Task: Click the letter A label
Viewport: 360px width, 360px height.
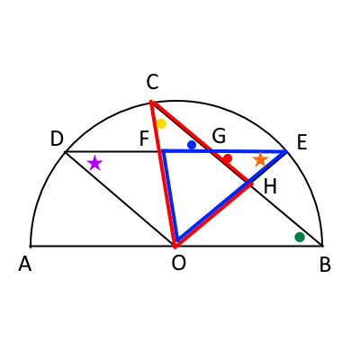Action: [x=24, y=265]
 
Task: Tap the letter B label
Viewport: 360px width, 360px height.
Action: [x=325, y=265]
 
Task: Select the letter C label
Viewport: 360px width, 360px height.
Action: [x=152, y=82]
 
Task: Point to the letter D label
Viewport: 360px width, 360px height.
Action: [x=57, y=139]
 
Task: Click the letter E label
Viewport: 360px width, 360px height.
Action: [x=301, y=142]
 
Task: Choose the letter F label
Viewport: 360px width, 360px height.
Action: [x=144, y=139]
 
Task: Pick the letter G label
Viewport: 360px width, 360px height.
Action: [x=219, y=136]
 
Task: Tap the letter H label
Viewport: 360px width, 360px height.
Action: [x=270, y=187]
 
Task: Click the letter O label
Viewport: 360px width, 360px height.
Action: [x=179, y=263]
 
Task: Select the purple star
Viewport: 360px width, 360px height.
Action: [x=94, y=163]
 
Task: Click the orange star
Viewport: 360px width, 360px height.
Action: [x=260, y=159]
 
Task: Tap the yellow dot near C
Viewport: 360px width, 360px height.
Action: [x=161, y=123]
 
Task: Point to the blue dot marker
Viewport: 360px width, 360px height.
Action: [x=192, y=145]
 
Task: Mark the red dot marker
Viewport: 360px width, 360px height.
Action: [x=228, y=158]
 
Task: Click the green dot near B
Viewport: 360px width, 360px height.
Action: [x=300, y=237]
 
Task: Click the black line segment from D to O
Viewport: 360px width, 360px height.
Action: [x=120, y=200]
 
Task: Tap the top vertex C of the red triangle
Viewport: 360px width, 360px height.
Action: [x=151, y=102]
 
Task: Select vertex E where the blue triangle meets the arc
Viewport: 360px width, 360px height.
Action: [x=287, y=151]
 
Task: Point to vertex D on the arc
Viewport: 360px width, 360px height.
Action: [x=66, y=152]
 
